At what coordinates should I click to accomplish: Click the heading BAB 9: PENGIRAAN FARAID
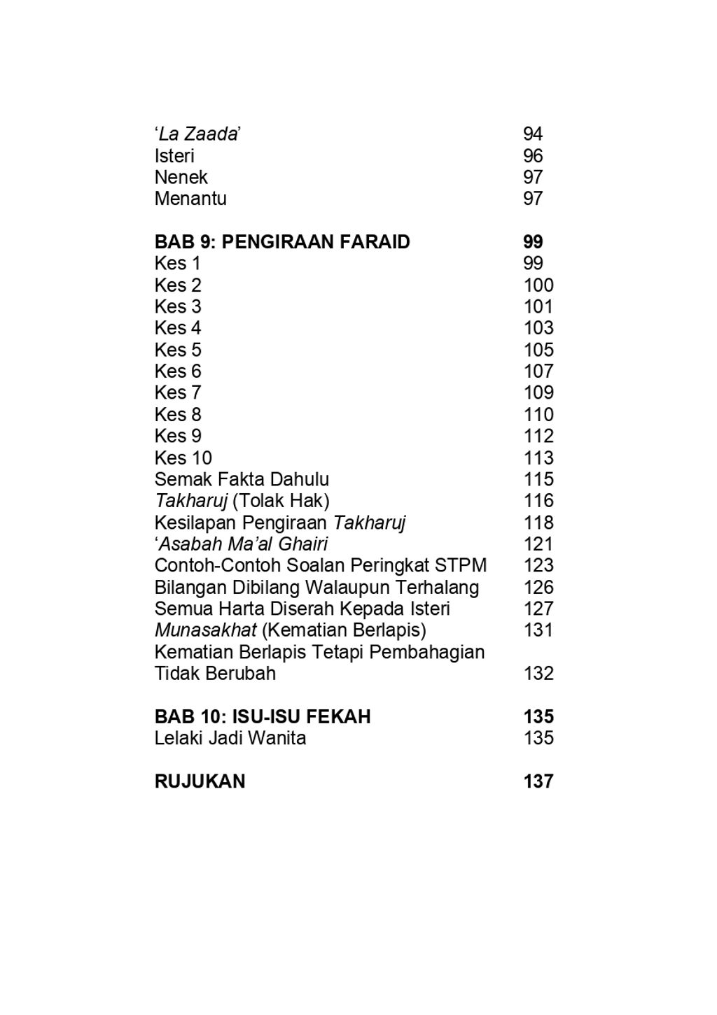pos(282,242)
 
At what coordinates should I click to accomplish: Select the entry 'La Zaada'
pos(198,134)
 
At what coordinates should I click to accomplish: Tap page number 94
pos(533,134)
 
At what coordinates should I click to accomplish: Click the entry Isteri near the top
pos(174,156)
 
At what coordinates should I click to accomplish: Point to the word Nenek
pos(181,178)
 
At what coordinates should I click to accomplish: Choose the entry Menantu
pos(190,199)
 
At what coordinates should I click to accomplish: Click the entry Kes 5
pos(178,350)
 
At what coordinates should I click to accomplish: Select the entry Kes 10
pos(183,458)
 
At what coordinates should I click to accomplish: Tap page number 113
pos(538,458)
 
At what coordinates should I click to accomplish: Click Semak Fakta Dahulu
pos(242,480)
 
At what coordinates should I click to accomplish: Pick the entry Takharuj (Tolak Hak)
pos(242,501)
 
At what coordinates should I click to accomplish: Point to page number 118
pos(538,523)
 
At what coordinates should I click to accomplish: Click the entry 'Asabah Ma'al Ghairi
pos(241,544)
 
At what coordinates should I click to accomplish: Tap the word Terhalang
pos(438,588)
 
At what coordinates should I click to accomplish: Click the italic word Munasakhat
pos(206,630)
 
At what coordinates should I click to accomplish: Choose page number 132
pos(538,674)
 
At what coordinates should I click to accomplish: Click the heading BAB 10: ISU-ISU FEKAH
pos(263,717)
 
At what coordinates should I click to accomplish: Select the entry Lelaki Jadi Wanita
pos(230,738)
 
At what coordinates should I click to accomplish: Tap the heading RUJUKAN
pos(200,781)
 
